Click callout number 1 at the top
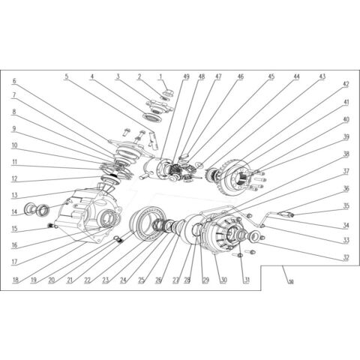[x=160, y=76]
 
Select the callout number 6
[x=14, y=81]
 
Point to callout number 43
[x=321, y=76]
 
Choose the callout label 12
[x=14, y=178]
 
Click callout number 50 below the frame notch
[x=290, y=281]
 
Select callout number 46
[x=240, y=76]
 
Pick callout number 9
[x=14, y=128]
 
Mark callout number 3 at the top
[x=118, y=76]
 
